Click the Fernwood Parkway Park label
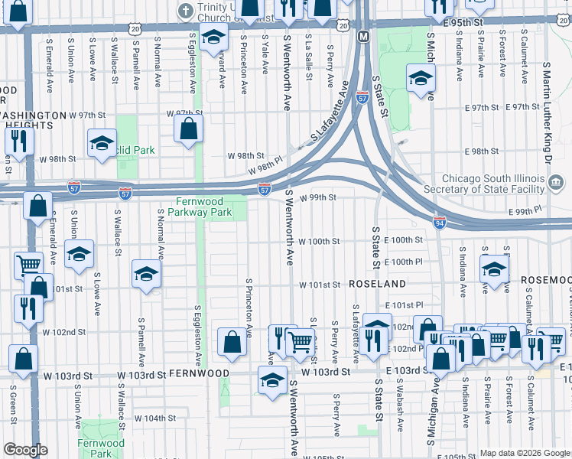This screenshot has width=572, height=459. pos(200,206)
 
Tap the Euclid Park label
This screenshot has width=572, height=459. pos(135,150)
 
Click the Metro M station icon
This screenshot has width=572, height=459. pos(363,36)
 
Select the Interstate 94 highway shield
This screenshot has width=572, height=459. pos(439,223)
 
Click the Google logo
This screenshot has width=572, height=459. pos(25,450)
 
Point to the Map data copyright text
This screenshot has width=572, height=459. pos(525,453)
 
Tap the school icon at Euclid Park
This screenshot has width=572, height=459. pos(102,143)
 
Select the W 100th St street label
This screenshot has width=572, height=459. pos(319,242)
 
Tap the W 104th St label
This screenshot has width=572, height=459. pos(155,418)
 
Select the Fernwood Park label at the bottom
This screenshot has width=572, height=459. pos(101,448)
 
